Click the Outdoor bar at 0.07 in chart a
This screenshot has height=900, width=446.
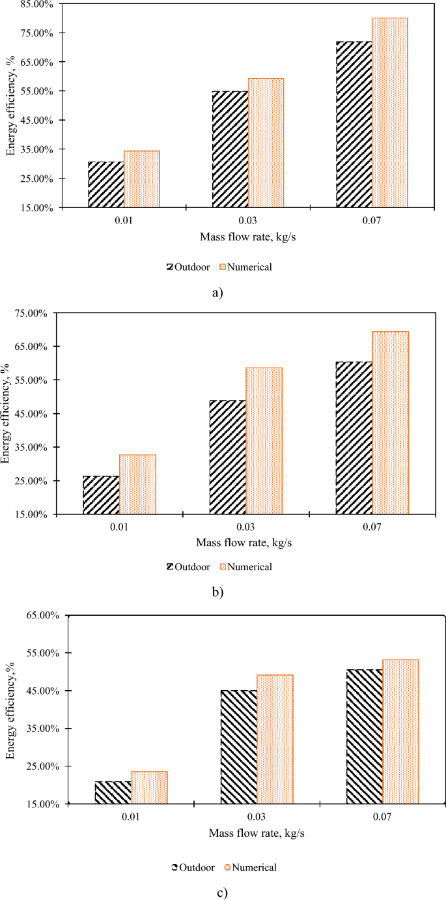(x=354, y=124)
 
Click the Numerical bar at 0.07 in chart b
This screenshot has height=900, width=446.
(x=391, y=423)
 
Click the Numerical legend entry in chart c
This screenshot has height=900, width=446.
(x=251, y=867)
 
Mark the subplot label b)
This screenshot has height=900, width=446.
(x=217, y=592)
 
